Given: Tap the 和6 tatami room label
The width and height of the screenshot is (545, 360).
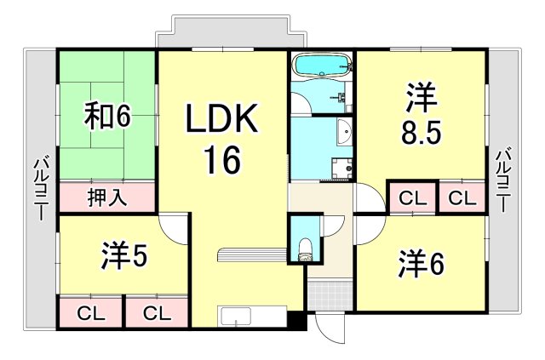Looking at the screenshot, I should click(106, 117).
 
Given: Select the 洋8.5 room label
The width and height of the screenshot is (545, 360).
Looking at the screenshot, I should click(422, 117).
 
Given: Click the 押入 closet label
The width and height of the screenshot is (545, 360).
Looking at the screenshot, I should click(107, 198).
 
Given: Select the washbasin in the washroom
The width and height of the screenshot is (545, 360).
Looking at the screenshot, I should click(344, 132).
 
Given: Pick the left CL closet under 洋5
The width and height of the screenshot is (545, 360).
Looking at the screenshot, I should click(89, 312).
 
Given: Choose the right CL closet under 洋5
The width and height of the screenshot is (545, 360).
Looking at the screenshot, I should click(155, 312).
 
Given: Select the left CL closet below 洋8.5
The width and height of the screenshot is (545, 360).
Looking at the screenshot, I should click(412, 198).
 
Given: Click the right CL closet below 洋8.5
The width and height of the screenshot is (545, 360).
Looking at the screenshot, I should click(462, 198).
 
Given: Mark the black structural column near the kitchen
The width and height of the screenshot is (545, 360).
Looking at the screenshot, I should click(295, 322).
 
